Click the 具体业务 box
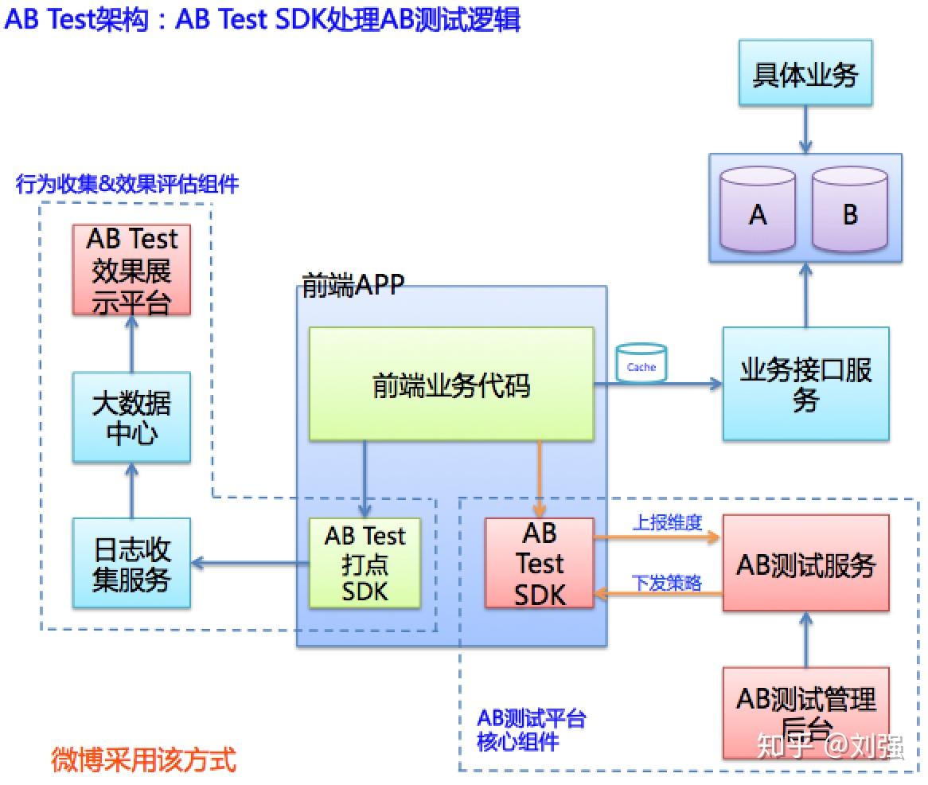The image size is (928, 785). tap(805, 74)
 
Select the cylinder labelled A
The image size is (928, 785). tap(758, 212)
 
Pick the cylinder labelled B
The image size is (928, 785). tap(850, 212)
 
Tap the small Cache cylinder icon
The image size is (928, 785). tap(641, 363)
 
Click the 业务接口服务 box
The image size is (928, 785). tap(805, 384)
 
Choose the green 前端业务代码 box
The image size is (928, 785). tap(451, 384)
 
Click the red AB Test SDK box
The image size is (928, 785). tap(540, 564)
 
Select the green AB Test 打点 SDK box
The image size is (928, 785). tap(365, 564)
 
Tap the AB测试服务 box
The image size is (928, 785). tap(805, 564)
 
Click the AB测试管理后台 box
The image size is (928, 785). tap(805, 711)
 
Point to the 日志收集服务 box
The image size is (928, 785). tap(131, 564)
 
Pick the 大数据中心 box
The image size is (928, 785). tap(131, 417)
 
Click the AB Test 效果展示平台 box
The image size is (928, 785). tap(131, 269)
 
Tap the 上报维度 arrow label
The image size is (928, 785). tap(667, 522)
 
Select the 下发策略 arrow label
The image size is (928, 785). tap(667, 583)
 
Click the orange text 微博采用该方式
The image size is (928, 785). tap(143, 759)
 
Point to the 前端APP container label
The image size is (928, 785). tap(353, 284)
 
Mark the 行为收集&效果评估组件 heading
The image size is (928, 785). tap(127, 185)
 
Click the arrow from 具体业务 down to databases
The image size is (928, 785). tap(805, 129)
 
